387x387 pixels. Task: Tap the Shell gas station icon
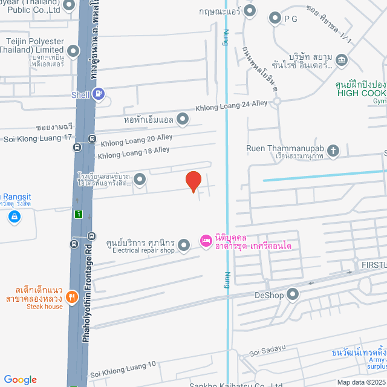99,94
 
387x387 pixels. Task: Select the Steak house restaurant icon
72,296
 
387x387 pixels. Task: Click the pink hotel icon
206,241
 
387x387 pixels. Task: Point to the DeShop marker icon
293,294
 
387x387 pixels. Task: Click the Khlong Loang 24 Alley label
231,106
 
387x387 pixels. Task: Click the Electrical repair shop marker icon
184,244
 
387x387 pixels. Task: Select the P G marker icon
275,18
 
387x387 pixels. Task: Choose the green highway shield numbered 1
78,214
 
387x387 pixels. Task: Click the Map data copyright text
362,382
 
